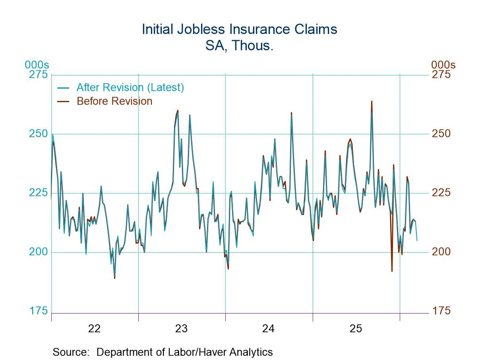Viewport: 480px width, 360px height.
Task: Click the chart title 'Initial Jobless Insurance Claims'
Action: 240,29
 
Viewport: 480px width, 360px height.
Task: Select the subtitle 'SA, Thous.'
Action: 240,46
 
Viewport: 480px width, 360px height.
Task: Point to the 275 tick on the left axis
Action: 38,75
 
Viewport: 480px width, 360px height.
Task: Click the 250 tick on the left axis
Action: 38,134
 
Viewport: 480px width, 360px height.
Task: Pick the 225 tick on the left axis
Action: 38,193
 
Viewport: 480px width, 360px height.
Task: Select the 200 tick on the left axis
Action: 38,252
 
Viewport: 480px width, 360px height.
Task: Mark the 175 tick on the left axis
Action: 38,311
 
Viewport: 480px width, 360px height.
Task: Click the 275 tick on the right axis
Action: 441,75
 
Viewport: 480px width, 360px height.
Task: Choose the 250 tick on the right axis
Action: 441,134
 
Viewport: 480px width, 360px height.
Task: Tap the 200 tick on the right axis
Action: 441,252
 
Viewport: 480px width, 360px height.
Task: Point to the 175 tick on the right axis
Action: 441,311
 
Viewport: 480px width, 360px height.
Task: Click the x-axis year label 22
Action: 95,329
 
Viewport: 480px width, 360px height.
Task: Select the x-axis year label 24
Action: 269,329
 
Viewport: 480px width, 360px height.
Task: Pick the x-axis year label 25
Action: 356,329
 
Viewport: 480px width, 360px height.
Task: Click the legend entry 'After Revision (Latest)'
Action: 130,87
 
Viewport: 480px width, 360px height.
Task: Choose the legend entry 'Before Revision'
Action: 114,101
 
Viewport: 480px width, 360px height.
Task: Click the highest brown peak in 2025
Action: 372,101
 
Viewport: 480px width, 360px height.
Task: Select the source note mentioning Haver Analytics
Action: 163,352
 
